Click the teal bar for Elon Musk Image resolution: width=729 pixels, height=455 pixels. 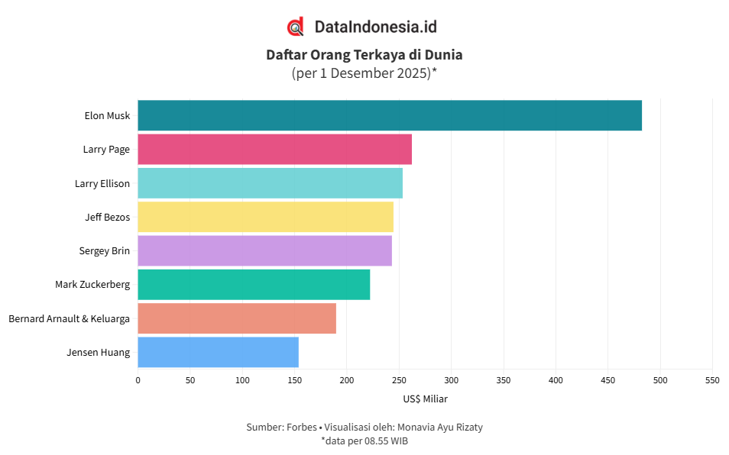click(x=390, y=115)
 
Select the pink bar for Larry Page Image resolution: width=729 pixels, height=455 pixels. click(x=275, y=149)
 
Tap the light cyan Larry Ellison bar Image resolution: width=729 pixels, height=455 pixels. click(x=271, y=183)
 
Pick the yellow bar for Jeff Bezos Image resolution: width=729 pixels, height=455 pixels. click(x=266, y=217)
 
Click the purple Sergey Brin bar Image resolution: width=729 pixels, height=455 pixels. click(x=265, y=250)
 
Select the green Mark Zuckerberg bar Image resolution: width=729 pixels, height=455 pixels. click(x=254, y=284)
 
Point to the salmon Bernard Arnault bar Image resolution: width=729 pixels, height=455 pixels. click(x=237, y=318)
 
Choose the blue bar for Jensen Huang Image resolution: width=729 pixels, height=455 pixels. click(x=219, y=352)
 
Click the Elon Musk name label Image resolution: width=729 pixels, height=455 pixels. click(x=107, y=116)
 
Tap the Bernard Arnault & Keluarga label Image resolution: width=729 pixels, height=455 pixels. click(x=69, y=318)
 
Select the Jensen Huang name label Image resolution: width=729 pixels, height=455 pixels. click(x=99, y=352)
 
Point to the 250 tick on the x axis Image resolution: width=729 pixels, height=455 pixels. click(x=399, y=379)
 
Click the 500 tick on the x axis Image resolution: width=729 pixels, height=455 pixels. click(x=660, y=379)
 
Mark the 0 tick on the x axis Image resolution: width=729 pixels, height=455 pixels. click(x=138, y=379)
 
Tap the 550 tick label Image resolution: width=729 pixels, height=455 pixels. click(x=712, y=379)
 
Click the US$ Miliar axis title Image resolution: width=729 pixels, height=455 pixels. click(x=425, y=399)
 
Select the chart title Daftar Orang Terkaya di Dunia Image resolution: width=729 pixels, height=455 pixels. click(x=364, y=55)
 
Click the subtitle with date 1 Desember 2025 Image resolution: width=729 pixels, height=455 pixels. click(x=364, y=73)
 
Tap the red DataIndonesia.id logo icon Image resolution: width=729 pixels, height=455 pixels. click(x=296, y=27)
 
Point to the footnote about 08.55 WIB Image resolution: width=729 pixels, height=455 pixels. click(x=364, y=440)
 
